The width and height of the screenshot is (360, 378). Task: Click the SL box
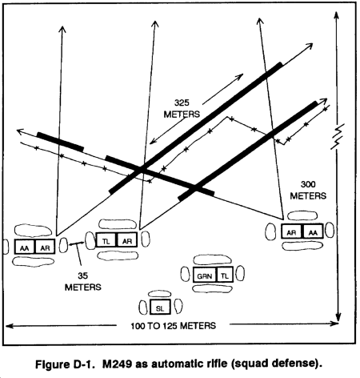pos(160,307)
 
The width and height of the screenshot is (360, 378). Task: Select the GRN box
pos(205,275)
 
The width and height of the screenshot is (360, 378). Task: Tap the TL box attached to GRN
pos(225,275)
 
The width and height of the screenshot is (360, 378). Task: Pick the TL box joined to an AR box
pos(106,240)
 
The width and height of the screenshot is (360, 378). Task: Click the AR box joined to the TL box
pos(127,240)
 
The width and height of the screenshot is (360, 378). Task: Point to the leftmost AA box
pos(25,247)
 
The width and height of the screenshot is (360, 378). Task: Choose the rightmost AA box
pos(313,231)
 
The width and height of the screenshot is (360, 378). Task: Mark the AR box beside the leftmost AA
pos(45,247)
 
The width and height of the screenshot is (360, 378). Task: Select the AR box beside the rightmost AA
pos(292,231)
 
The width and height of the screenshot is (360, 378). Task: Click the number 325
pos(182,103)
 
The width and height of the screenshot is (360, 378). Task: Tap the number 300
pos(308,184)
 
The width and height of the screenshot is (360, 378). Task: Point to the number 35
pos(83,275)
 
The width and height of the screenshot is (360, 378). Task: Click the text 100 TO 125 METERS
pos(173,326)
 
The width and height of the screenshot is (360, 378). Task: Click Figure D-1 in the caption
pos(65,364)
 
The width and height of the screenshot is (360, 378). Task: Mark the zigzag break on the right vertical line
pos(338,136)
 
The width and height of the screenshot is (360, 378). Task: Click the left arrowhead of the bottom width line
pos(9,326)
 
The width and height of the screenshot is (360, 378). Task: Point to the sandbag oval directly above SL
pos(160,294)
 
